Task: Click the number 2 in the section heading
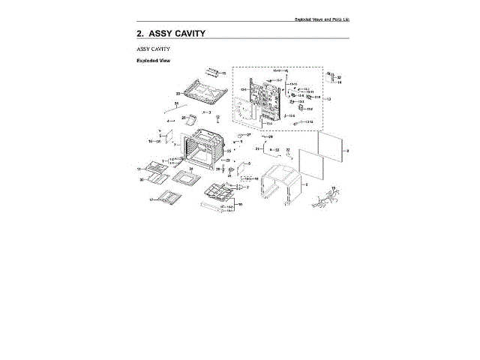tap(139, 34)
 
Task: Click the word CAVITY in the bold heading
tap(184, 34)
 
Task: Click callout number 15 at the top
tap(223, 73)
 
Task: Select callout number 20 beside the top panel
tap(178, 94)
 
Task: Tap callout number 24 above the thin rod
tap(175, 103)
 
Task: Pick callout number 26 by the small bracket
tap(184, 118)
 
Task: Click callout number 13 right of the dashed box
tap(328, 100)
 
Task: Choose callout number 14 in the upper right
tap(339, 82)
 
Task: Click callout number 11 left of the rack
tap(139, 170)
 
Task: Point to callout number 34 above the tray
tap(191, 169)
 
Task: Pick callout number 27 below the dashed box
tap(249, 134)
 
